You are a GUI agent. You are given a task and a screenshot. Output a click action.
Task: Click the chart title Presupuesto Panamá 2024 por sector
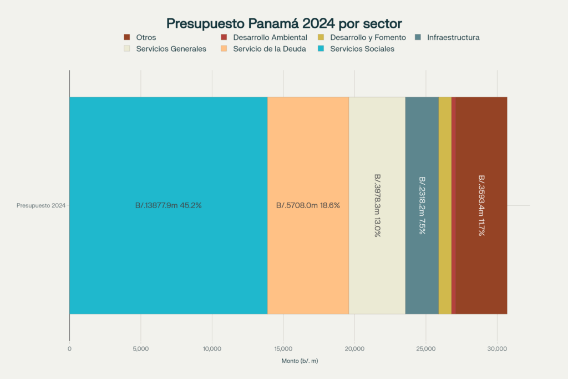click(284, 23)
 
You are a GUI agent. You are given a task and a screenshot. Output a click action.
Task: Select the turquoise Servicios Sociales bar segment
click(169, 205)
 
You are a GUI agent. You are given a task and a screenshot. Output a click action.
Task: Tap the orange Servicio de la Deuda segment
click(308, 205)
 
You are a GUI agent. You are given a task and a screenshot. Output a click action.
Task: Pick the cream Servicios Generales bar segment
click(377, 205)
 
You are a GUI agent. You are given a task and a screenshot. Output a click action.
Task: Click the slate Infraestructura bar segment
click(422, 205)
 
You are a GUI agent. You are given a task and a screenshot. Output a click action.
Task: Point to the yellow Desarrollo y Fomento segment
click(445, 205)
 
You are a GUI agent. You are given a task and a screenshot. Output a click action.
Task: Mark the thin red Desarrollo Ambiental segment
click(454, 205)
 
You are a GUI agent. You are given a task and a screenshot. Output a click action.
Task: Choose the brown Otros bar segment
click(481, 205)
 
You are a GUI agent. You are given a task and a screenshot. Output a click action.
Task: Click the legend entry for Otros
click(140, 37)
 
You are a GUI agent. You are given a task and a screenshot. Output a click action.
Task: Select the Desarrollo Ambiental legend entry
click(263, 37)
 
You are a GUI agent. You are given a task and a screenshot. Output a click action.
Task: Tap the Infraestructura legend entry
click(447, 37)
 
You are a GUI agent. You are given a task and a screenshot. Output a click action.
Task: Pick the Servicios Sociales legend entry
click(356, 49)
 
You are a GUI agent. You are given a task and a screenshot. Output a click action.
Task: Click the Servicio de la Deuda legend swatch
click(224, 48)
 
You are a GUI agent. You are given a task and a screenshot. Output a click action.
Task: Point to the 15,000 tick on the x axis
click(283, 349)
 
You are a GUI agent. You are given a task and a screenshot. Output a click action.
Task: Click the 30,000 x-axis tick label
click(497, 349)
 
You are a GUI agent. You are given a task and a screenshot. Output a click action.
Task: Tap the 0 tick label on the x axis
click(69, 349)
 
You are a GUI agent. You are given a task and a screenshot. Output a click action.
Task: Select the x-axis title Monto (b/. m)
click(300, 361)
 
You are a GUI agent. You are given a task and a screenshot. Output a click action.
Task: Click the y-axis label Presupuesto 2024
click(41, 205)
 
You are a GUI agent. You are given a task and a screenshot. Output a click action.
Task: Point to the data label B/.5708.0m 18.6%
click(308, 205)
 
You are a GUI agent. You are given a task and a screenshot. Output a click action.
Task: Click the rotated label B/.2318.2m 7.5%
click(422, 205)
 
